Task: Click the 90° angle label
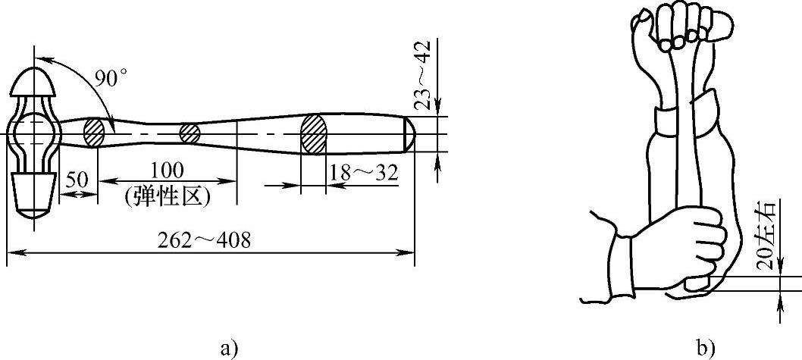111,78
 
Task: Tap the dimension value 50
77,180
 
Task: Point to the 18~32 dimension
364,174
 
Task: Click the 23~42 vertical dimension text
422,75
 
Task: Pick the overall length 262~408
202,240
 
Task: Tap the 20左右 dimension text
765,236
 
